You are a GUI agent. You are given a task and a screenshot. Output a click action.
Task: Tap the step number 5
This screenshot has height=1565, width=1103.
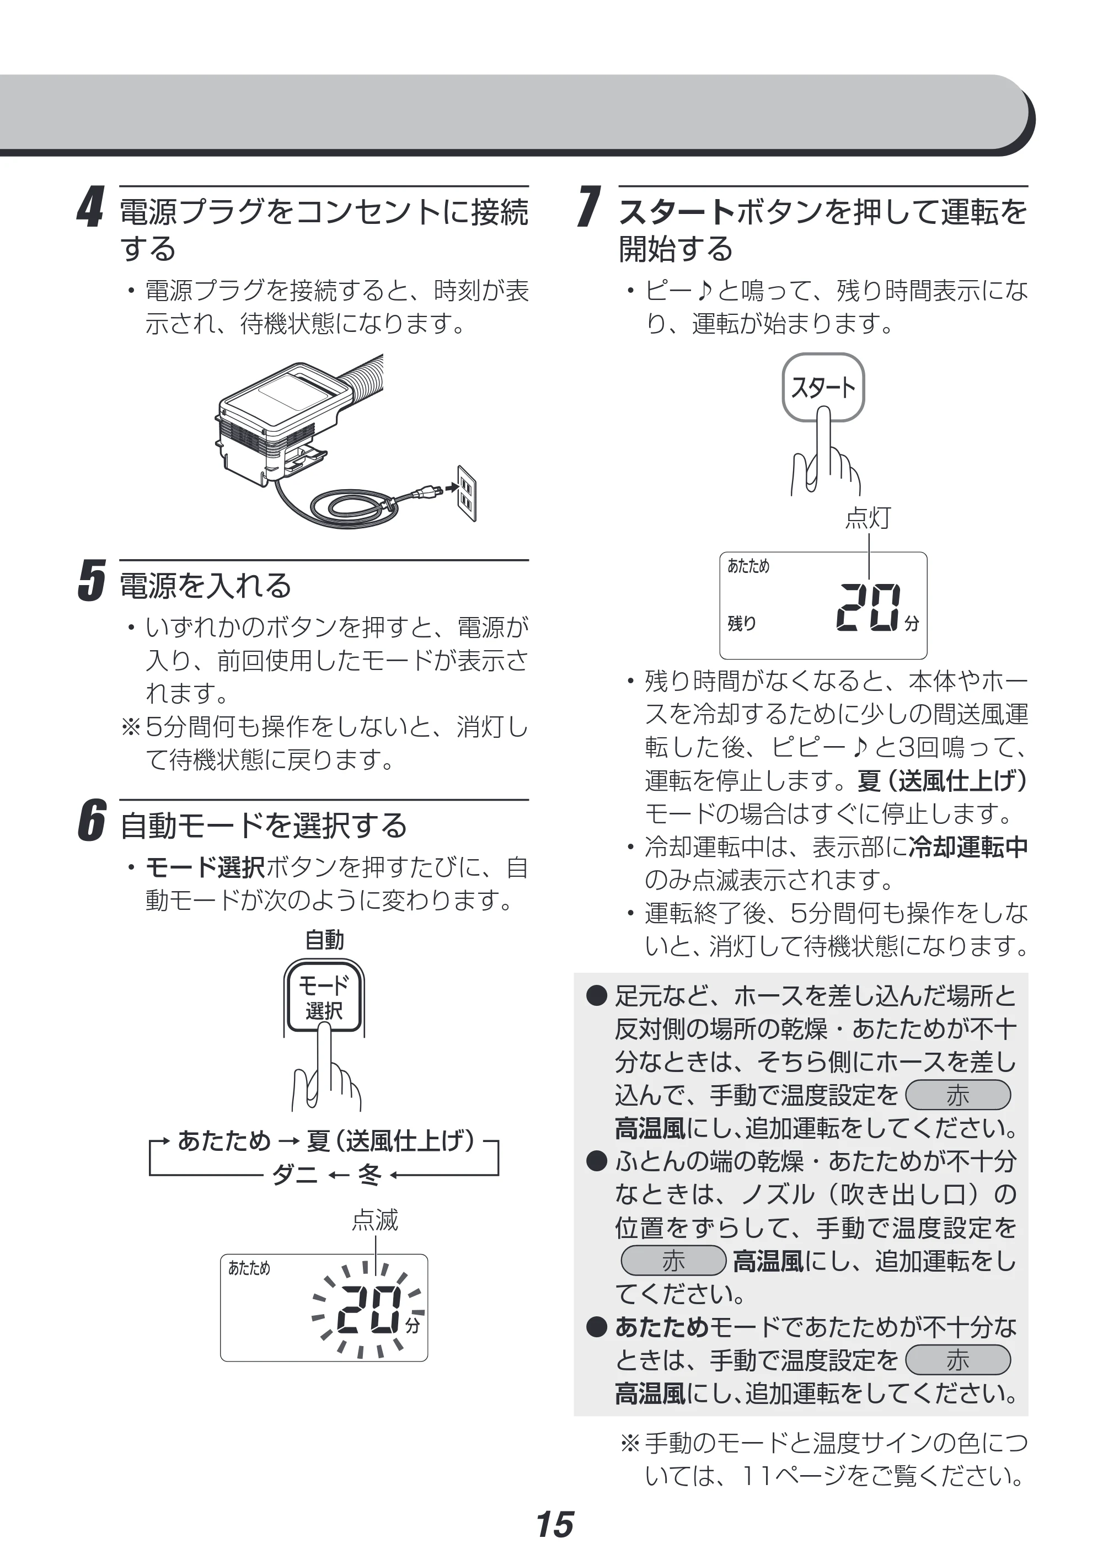click(92, 581)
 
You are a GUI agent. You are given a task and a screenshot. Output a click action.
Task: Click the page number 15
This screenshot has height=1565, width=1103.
click(554, 1524)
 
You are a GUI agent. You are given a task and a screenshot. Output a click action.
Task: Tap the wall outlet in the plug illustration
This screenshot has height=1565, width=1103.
click(466, 493)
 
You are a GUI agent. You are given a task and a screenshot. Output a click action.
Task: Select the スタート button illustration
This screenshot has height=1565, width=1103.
click(823, 387)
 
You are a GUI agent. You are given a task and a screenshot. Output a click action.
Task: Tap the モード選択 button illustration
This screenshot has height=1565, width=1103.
click(324, 997)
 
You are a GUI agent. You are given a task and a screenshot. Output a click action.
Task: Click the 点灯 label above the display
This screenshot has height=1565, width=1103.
click(868, 518)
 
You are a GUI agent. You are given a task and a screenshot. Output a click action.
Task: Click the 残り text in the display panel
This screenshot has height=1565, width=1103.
click(742, 623)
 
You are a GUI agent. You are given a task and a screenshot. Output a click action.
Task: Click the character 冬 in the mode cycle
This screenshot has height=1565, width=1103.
click(370, 1173)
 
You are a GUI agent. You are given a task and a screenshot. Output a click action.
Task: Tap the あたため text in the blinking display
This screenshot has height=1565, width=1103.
click(249, 1268)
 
